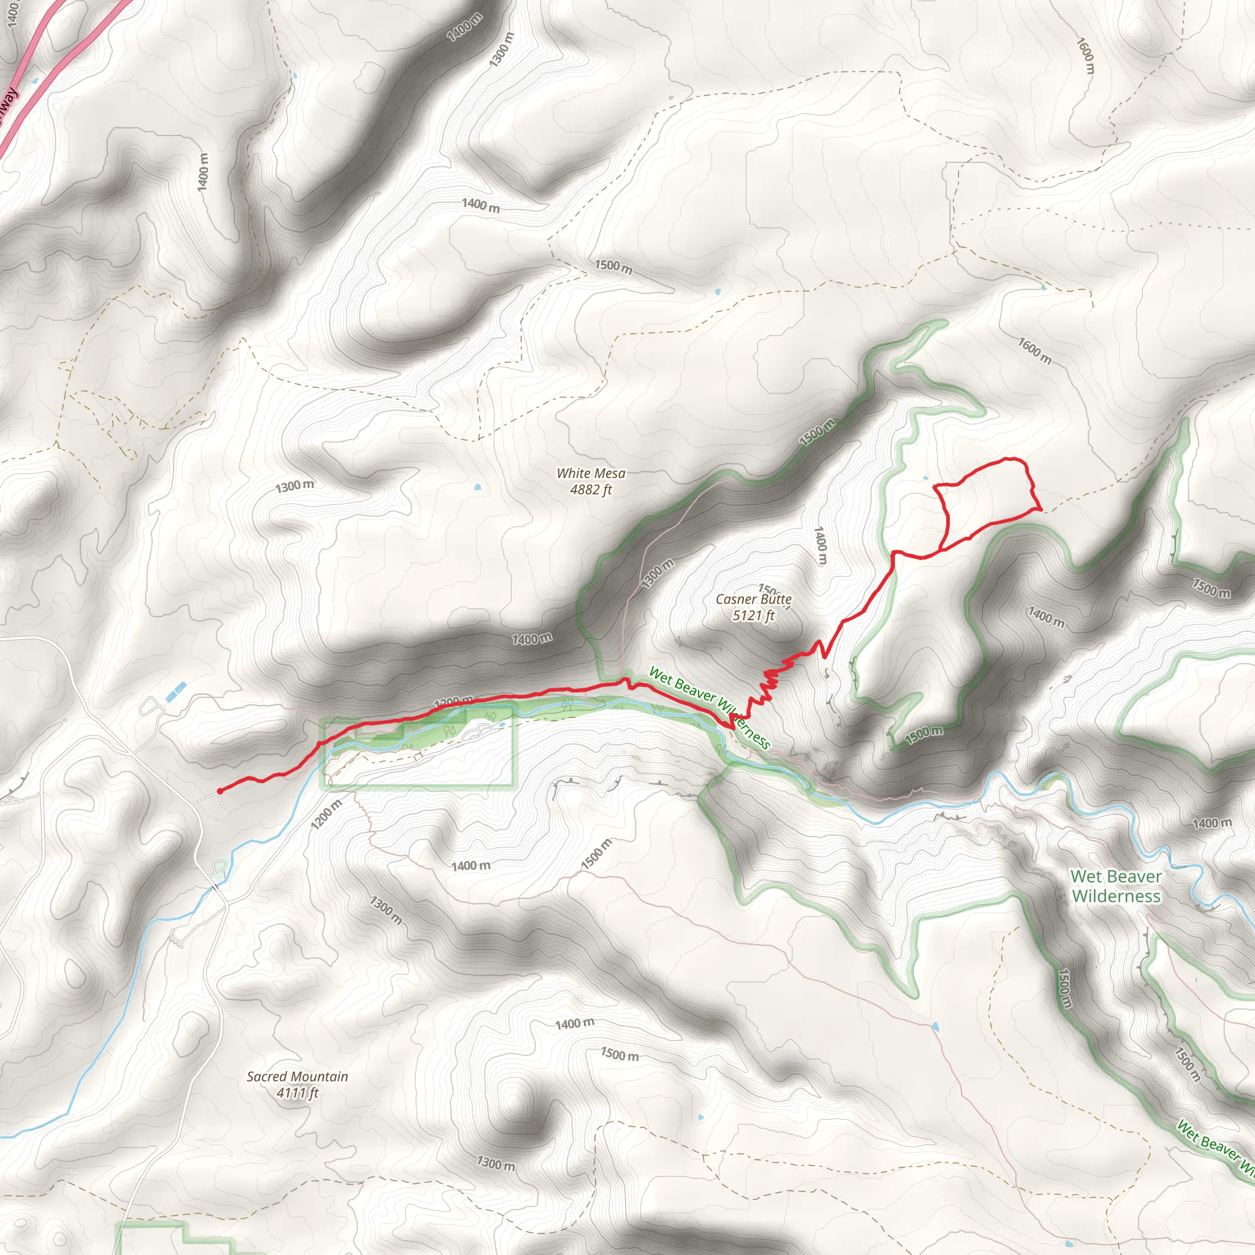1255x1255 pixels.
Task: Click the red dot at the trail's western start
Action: pyautogui.click(x=219, y=791)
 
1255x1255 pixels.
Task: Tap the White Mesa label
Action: pyautogui.click(x=591, y=474)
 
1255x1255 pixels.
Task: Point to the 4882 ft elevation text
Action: pyautogui.click(x=591, y=490)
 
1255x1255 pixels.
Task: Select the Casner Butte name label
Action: pyautogui.click(x=754, y=599)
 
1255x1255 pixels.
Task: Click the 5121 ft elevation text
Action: pyautogui.click(x=754, y=615)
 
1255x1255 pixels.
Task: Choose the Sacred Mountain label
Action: pyautogui.click(x=297, y=1076)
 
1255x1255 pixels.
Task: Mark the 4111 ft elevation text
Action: pyautogui.click(x=297, y=1093)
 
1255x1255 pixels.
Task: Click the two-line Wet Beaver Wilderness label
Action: pyautogui.click(x=1116, y=886)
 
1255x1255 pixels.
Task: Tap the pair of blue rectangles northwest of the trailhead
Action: pyautogui.click(x=176, y=691)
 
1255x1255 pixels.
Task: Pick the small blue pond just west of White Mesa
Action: pyautogui.click(x=478, y=486)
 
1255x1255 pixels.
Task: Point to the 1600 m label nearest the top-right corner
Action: pyautogui.click(x=1085, y=55)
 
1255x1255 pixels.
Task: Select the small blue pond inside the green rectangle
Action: pyautogui.click(x=502, y=724)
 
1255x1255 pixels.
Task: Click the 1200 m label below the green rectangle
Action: pyautogui.click(x=325, y=814)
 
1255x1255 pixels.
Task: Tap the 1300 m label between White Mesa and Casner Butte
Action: pyautogui.click(x=658, y=573)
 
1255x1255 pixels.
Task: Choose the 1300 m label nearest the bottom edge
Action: pyautogui.click(x=496, y=1164)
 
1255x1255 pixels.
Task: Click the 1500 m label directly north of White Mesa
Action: pyautogui.click(x=613, y=267)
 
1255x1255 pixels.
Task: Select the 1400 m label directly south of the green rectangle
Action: pyautogui.click(x=471, y=866)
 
